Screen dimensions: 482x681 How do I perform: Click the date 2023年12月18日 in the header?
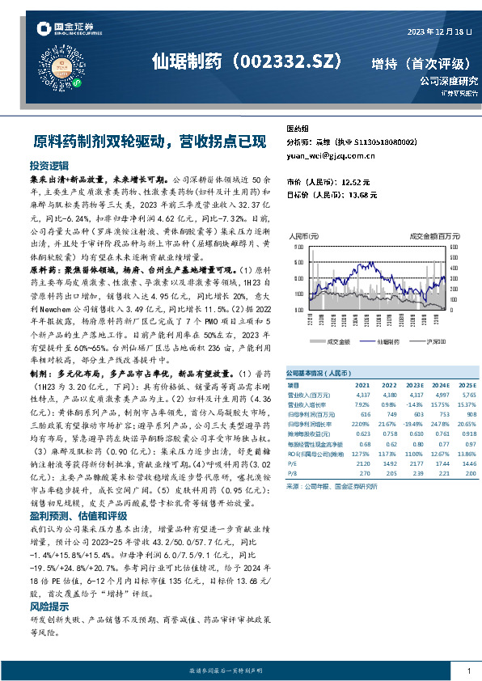click(x=438, y=32)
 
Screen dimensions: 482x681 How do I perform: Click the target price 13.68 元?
click(x=360, y=195)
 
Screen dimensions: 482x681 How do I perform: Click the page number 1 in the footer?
click(x=469, y=670)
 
